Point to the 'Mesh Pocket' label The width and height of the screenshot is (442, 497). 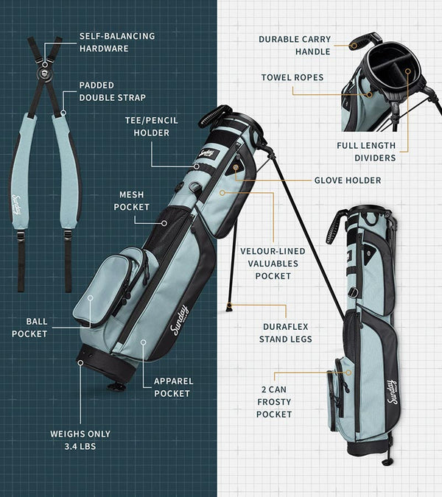[x=131, y=201]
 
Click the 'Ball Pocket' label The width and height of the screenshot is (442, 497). [x=29, y=327]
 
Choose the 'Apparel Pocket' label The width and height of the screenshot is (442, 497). [x=173, y=387]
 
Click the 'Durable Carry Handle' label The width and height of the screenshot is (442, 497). [x=294, y=46]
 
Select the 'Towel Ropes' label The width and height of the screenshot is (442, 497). [x=292, y=77]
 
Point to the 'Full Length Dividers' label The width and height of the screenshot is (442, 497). [x=366, y=152]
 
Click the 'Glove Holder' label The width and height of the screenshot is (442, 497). [x=348, y=180]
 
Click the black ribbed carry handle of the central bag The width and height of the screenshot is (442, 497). [x=214, y=116]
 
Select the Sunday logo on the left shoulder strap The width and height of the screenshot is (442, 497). [x=17, y=205]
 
